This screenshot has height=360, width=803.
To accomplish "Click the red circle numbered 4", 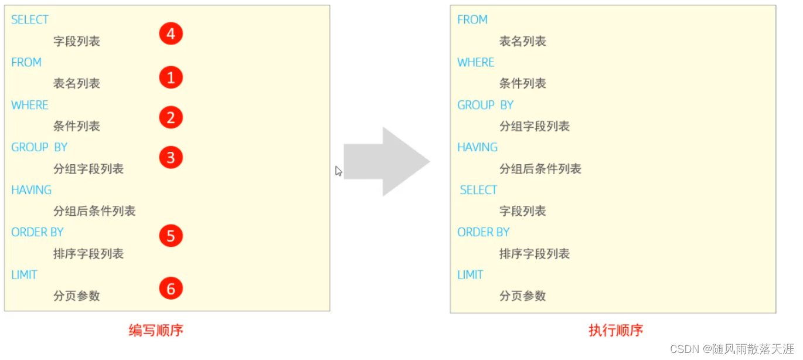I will point(171,34).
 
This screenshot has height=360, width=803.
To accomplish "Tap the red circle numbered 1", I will point(171,77).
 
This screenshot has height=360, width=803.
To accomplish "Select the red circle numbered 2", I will point(171,118).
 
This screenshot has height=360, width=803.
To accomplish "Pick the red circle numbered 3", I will point(171,158).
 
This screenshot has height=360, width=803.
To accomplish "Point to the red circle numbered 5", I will point(171,236).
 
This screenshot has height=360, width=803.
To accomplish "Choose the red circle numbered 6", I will point(171,288).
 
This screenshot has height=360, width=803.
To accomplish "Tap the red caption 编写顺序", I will point(156,331).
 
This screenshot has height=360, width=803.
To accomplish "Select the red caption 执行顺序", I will point(615,331).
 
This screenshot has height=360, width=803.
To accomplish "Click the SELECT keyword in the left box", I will point(29,20).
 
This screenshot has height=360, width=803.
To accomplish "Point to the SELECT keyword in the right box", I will point(478,190).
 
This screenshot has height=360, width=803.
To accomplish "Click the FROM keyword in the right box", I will point(472,20).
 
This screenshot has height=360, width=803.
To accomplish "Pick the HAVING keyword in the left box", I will point(31,190).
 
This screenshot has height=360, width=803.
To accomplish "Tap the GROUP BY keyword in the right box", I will point(485,105).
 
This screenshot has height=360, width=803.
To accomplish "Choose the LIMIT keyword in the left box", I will point(24,275).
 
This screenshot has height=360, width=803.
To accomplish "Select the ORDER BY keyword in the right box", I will point(484,232).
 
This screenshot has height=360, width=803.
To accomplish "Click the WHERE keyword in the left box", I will point(29,105).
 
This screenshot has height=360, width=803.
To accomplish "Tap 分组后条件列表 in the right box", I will point(540,169).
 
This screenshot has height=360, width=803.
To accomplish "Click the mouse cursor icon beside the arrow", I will point(338,171).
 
